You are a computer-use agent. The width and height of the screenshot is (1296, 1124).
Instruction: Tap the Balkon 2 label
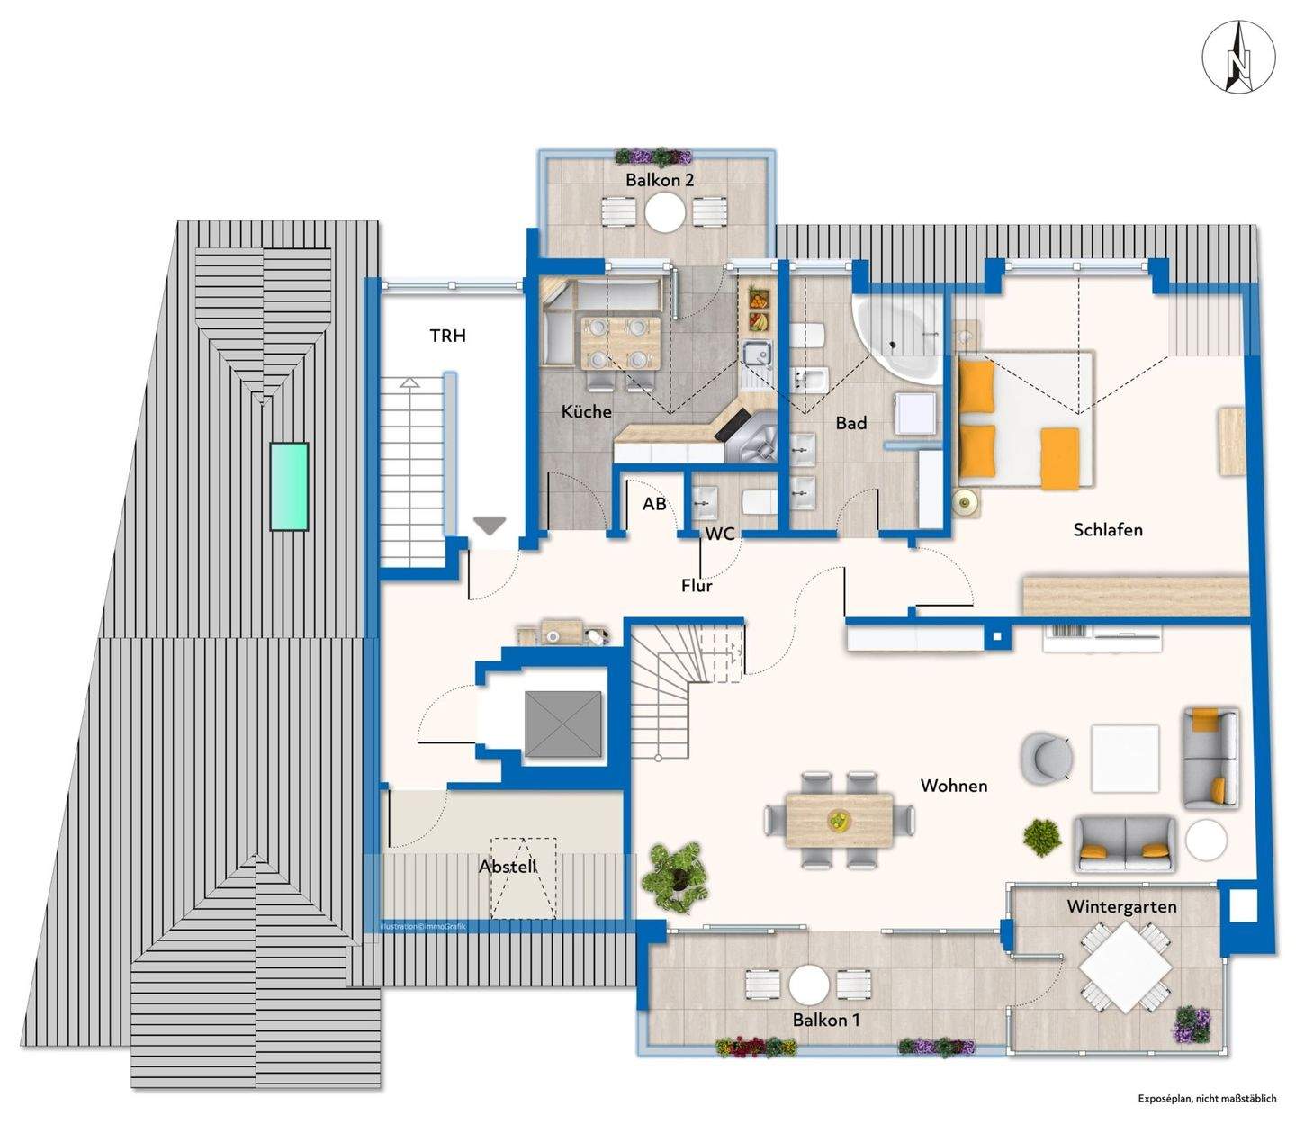660,180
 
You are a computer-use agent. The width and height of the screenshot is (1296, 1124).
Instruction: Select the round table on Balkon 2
664,211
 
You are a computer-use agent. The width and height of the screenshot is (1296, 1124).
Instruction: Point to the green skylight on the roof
290,486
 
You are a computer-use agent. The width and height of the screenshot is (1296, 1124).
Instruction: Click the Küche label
587,411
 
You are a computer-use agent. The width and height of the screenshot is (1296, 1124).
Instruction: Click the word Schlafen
1108,529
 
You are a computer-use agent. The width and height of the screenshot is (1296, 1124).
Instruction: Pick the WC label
720,535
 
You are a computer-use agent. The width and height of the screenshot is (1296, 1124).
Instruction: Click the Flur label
697,585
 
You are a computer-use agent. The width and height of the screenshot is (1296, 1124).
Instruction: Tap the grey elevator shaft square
562,724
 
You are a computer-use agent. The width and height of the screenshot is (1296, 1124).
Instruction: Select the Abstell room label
508,867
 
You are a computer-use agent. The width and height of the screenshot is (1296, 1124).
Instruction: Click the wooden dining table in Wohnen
840,821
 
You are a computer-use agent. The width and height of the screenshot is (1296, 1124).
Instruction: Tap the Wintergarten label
1121,906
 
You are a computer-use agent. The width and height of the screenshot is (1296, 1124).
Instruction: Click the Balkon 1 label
826,1020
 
